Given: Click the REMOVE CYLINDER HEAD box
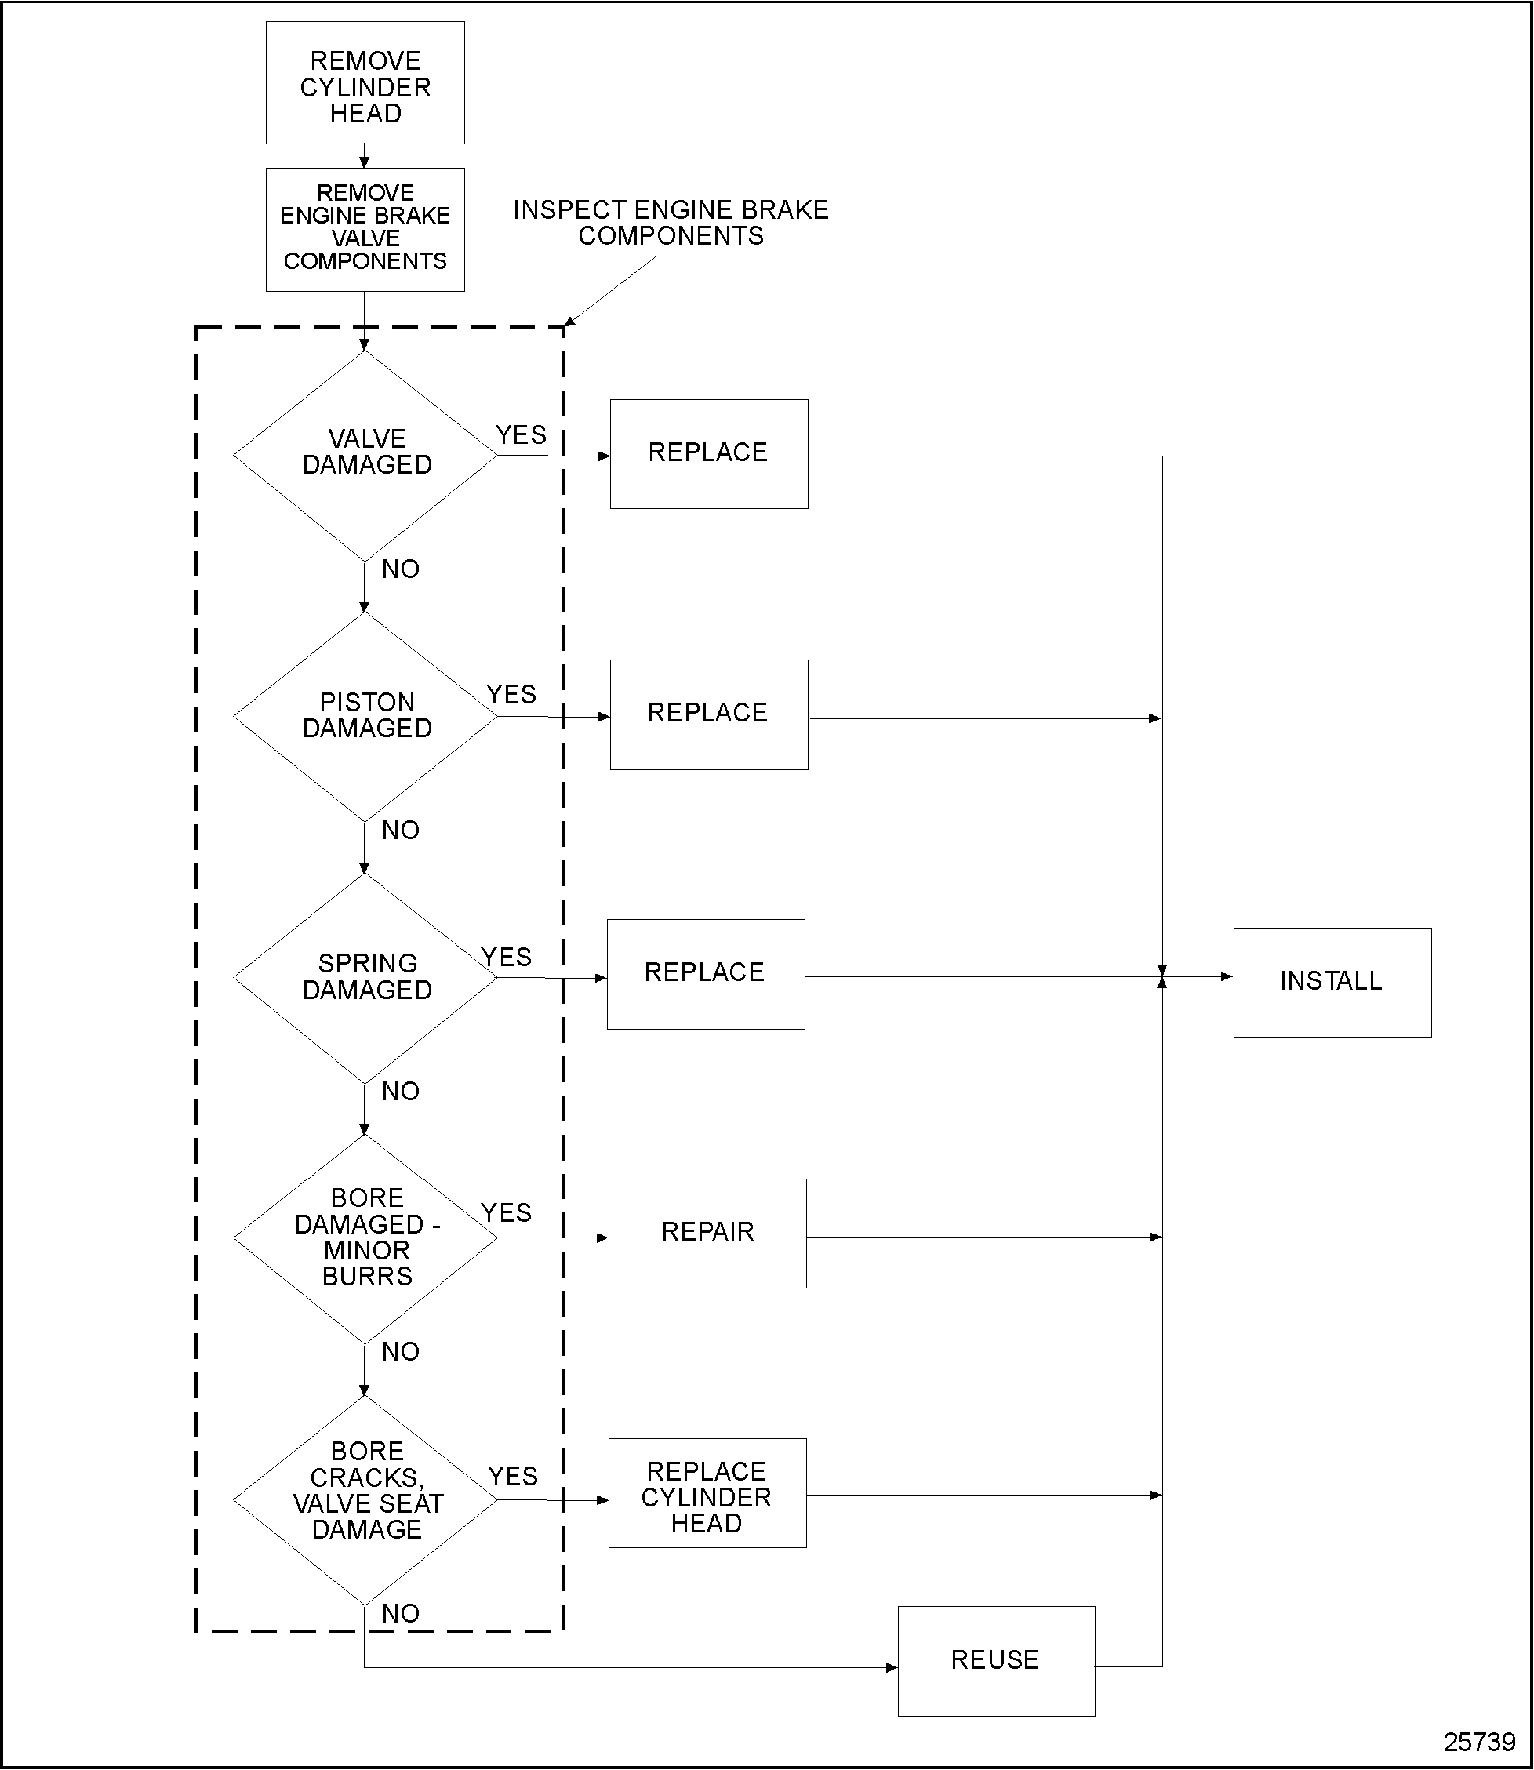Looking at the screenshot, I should pos(365,83).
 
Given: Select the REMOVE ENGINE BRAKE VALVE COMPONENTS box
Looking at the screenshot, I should pos(365,228).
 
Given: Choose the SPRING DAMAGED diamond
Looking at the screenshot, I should pos(365,977).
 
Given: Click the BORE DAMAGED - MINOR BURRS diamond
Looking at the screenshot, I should pos(365,1238).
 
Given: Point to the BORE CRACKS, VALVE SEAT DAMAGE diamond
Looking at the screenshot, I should pos(365,1499).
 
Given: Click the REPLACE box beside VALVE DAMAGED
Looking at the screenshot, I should pos(708,453).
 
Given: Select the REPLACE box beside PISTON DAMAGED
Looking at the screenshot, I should pos(708,714).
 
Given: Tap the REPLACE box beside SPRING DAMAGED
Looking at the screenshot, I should pos(705,974).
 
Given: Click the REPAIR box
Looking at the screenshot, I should pos(707,1234).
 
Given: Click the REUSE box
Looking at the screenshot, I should pos(995,1660).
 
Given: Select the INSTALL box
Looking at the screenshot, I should pos(1332,982).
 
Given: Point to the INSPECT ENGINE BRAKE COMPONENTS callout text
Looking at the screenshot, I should pos(671,223).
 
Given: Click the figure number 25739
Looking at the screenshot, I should pos(1479,1743).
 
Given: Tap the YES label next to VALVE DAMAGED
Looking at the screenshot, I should pos(521,434).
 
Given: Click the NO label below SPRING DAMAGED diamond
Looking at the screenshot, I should pos(400,1092).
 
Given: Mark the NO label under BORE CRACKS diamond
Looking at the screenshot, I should pos(400,1613).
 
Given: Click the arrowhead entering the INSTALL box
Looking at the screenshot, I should pos(1227,976).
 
